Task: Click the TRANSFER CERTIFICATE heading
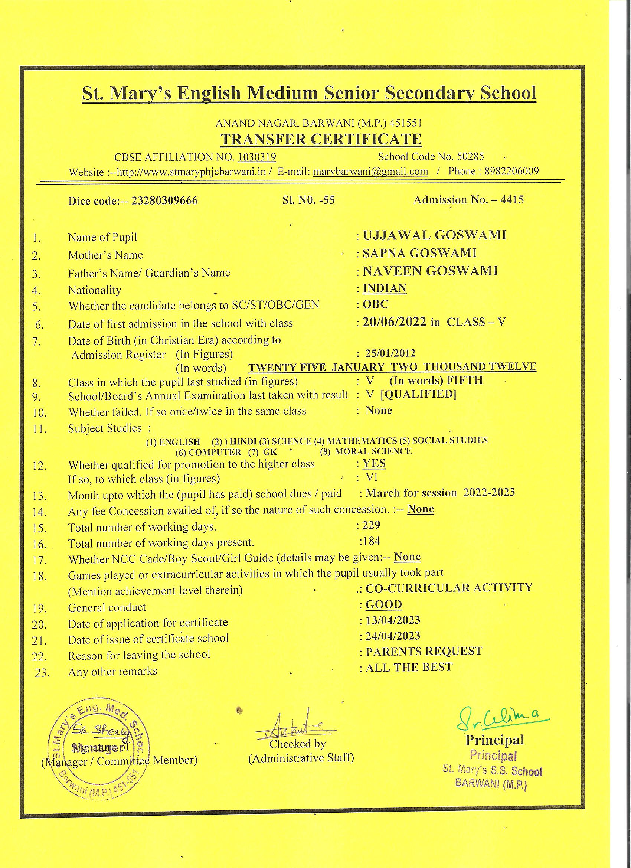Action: point(321,139)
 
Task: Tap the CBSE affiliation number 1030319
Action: point(257,157)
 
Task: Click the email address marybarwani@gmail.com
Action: point(370,172)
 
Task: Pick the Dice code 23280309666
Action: point(164,201)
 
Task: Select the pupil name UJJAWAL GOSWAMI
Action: point(434,235)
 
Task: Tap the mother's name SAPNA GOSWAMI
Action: point(419,253)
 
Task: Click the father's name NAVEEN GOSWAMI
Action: point(430,271)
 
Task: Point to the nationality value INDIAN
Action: point(384,288)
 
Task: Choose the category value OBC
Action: point(375,304)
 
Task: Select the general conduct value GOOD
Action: point(384,605)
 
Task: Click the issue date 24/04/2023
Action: point(393,636)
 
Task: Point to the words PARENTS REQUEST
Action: point(424,652)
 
